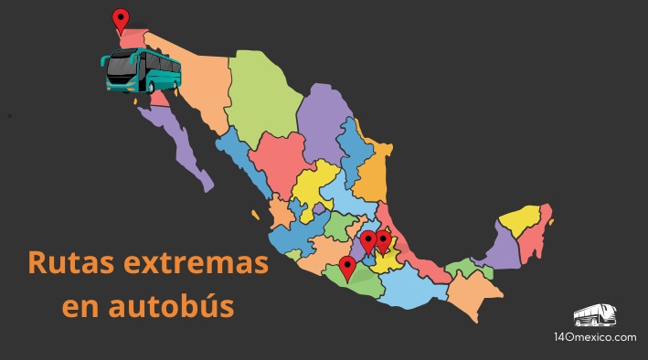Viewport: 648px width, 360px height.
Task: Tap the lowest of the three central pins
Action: pyautogui.click(x=346, y=267)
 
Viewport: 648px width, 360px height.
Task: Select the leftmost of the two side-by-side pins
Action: pyautogui.click(x=367, y=241)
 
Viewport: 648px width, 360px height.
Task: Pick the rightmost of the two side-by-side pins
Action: pyautogui.click(x=383, y=240)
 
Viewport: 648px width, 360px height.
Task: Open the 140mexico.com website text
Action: pyautogui.click(x=594, y=337)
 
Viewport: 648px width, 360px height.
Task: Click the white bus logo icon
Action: pyautogui.click(x=594, y=315)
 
